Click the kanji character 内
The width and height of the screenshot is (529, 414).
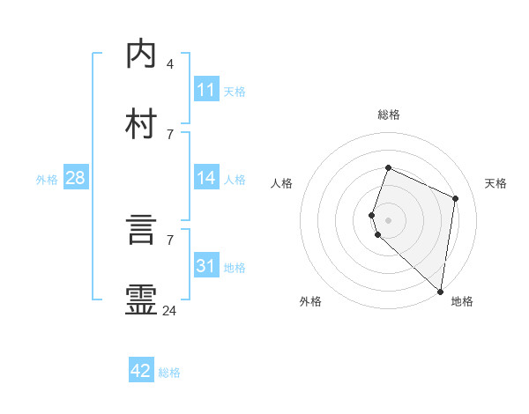point(142,55)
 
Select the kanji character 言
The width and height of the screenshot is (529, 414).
point(142,230)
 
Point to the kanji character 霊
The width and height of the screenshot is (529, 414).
point(142,299)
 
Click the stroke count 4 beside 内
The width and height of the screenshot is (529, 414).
point(170,64)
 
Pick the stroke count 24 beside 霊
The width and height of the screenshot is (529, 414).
point(170,310)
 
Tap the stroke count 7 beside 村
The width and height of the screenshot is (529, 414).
point(170,134)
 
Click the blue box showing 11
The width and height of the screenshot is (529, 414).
point(206,90)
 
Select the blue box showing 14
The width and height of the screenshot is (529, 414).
point(206,178)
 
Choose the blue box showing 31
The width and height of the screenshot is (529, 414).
point(206,266)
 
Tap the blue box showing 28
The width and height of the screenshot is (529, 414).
point(75,178)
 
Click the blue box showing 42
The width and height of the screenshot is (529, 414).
point(141,371)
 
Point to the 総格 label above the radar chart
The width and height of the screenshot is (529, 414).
point(389,115)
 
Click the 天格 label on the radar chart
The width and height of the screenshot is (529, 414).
point(495,183)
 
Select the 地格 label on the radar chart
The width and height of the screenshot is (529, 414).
point(462,301)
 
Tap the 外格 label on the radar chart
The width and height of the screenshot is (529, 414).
point(310,301)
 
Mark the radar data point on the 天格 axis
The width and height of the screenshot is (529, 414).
point(456,198)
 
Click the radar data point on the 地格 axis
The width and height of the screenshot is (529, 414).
point(440,291)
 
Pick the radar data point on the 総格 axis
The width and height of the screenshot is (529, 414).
point(388,168)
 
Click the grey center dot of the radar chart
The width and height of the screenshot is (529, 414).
point(388,219)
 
